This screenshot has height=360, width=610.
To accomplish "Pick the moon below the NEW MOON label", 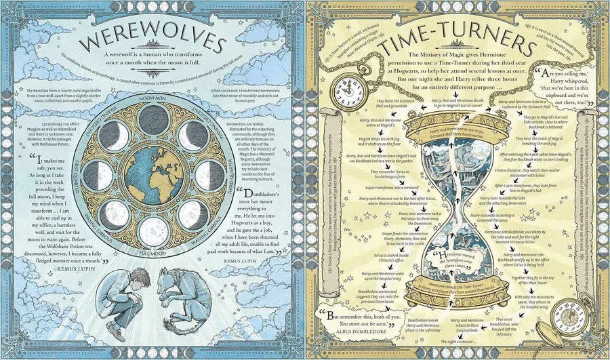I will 152,119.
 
